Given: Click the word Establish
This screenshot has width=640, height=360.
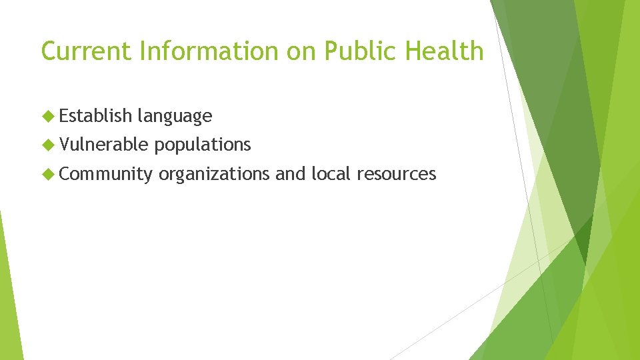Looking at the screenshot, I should click(x=95, y=116).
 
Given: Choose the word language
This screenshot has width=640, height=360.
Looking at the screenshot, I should click(x=175, y=117).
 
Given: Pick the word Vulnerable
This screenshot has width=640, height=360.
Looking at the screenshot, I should click(x=104, y=145).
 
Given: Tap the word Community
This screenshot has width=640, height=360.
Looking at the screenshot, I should click(x=105, y=174).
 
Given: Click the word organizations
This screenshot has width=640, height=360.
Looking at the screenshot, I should click(x=214, y=175).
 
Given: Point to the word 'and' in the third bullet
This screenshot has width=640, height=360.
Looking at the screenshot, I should click(x=290, y=174).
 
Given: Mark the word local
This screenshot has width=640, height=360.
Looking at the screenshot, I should click(x=331, y=174).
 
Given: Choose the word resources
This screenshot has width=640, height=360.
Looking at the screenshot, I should click(x=396, y=175).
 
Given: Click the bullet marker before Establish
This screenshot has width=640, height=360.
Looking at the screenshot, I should click(x=47, y=116).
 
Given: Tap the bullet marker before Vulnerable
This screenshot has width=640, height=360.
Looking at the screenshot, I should click(x=47, y=145).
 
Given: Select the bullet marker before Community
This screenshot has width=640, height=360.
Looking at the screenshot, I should click(x=47, y=174).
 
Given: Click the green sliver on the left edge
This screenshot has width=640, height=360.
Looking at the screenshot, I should click(x=8, y=293).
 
